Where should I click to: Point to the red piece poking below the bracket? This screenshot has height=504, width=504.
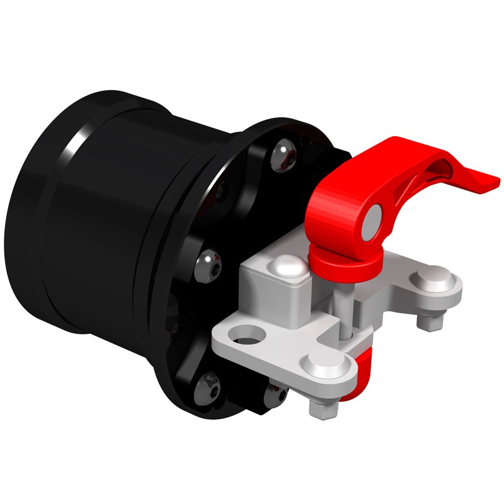point(364,369)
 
